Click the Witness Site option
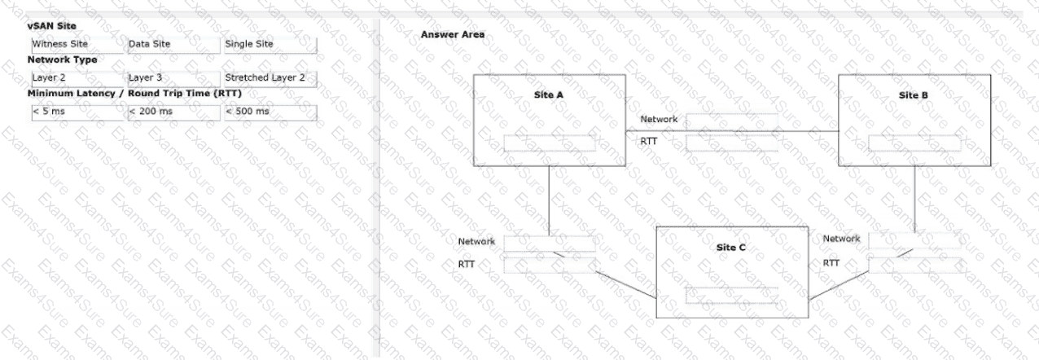[x=77, y=45]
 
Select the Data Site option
[x=174, y=45]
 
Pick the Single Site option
[x=270, y=45]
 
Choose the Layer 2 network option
[x=77, y=79]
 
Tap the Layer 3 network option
[x=174, y=79]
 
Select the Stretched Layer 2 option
[x=270, y=79]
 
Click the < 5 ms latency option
[x=77, y=112]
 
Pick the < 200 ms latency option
[x=174, y=112]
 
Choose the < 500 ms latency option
[x=270, y=112]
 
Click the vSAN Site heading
[x=51, y=26]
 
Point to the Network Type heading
[x=62, y=59]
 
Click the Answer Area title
[x=452, y=34]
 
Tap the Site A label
[x=548, y=94]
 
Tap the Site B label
[x=914, y=95]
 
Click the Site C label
[x=730, y=248]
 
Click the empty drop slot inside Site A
[x=550, y=143]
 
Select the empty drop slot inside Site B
[x=914, y=143]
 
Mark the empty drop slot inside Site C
[x=731, y=295]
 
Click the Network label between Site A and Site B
[x=659, y=119]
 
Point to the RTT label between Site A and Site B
[x=648, y=142]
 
